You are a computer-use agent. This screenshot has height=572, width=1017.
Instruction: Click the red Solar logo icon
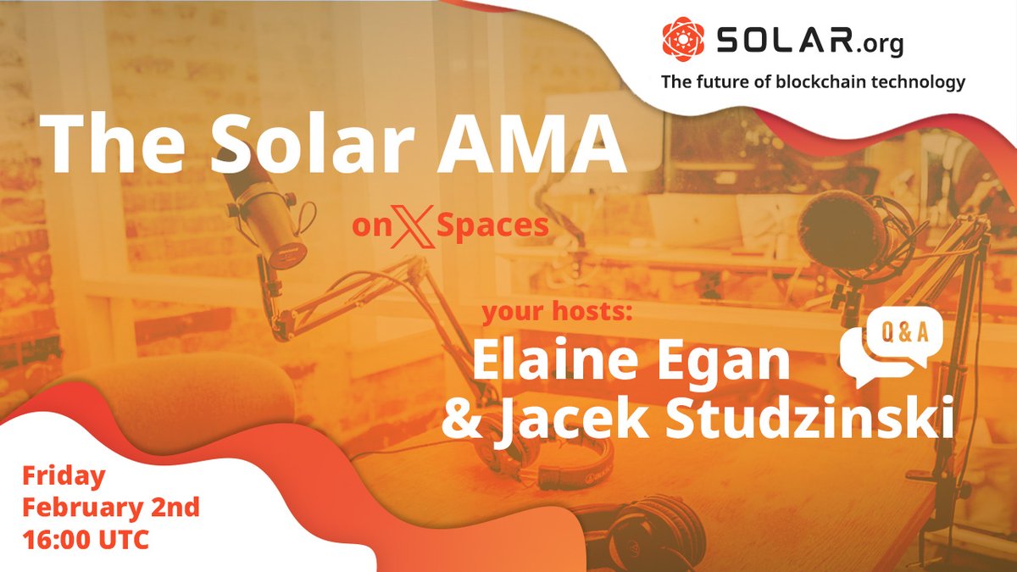(682, 39)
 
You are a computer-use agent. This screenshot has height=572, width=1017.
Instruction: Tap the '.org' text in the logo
(878, 42)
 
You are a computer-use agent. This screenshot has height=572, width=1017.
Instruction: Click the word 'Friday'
(64, 476)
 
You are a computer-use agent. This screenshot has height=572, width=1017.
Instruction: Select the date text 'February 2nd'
(110, 508)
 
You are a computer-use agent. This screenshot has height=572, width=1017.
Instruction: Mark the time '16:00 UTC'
(86, 539)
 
